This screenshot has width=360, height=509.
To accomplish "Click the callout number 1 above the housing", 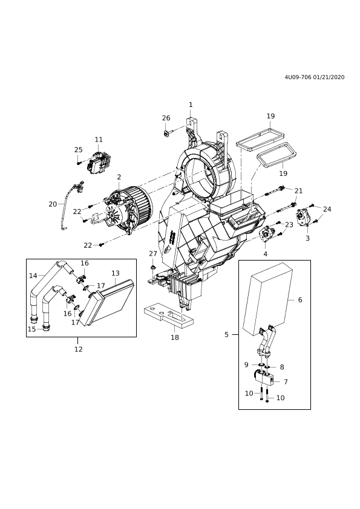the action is click(191, 105).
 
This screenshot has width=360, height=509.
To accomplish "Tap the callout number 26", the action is click(166, 118).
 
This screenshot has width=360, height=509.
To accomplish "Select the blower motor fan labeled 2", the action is click(128, 209).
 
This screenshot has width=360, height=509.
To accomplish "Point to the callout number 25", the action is click(78, 150).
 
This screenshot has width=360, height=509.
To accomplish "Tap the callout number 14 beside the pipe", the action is click(33, 276).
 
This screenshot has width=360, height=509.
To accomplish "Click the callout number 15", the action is click(31, 329).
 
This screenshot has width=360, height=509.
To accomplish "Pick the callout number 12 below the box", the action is click(78, 349).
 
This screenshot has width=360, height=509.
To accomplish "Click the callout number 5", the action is click(226, 335).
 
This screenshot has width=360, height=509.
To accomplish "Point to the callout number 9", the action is click(246, 365).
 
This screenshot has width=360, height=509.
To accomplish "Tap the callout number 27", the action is click(153, 253).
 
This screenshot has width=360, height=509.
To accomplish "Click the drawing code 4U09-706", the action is click(298, 77).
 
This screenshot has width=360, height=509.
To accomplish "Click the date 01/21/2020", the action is click(329, 77).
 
